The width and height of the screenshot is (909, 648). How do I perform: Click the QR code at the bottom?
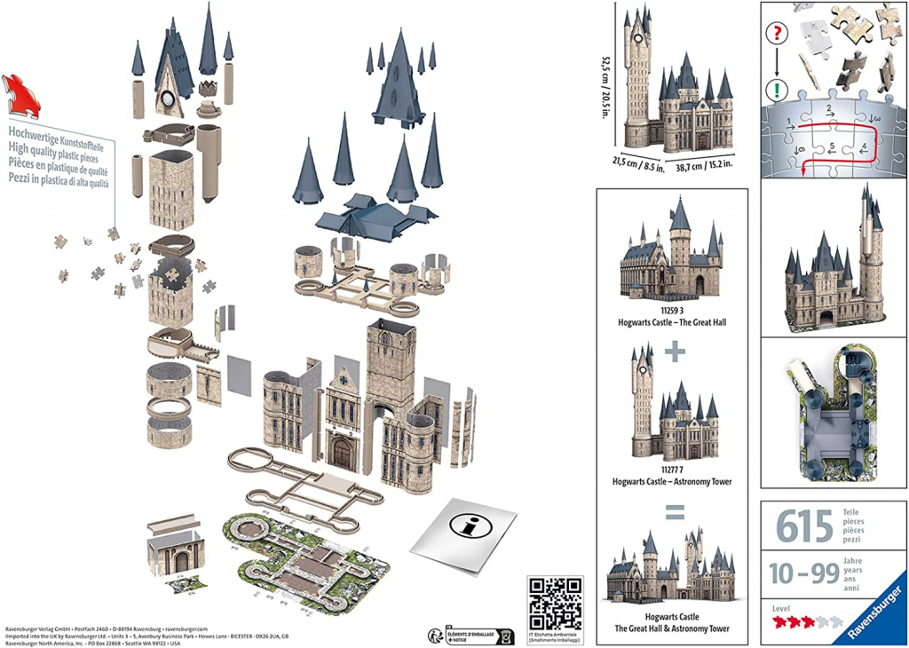[x=555, y=604]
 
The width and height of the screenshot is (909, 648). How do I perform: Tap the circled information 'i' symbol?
[x=475, y=525]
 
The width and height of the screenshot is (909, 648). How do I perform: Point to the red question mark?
[x=779, y=33]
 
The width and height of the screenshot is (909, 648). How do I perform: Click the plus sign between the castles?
[x=676, y=352]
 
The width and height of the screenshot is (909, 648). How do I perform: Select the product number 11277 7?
[x=676, y=470]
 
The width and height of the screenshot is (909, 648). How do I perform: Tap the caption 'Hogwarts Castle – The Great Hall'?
[x=676, y=322]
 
